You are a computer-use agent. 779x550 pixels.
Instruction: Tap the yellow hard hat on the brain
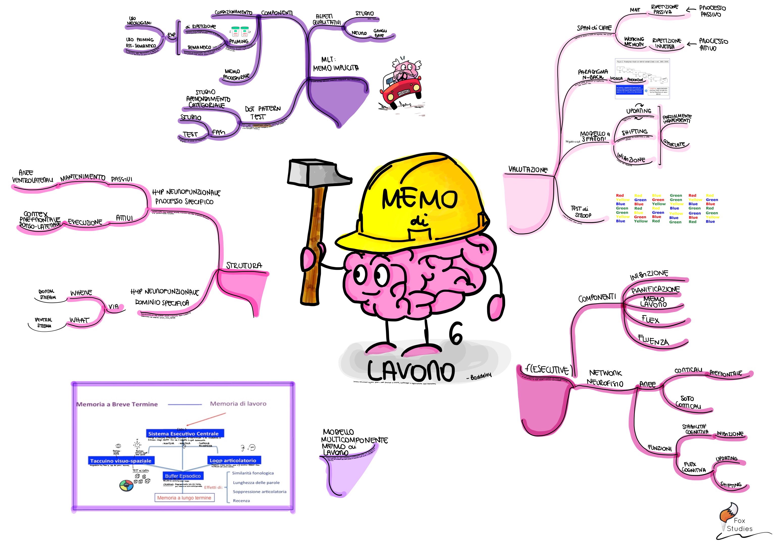417,203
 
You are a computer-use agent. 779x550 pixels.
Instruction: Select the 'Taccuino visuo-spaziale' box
121,461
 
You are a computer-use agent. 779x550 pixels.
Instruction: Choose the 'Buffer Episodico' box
183,476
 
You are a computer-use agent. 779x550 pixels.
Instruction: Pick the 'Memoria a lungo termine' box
184,498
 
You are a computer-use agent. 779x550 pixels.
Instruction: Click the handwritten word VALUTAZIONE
528,169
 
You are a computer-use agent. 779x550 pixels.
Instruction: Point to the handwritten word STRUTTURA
244,265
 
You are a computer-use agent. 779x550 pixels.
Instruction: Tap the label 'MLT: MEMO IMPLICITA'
335,64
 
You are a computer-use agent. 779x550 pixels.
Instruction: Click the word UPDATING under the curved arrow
639,111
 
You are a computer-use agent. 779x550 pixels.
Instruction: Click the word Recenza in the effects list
241,501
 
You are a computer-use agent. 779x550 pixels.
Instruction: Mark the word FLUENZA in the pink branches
653,340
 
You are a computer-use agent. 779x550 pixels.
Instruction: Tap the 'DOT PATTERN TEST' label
262,112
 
